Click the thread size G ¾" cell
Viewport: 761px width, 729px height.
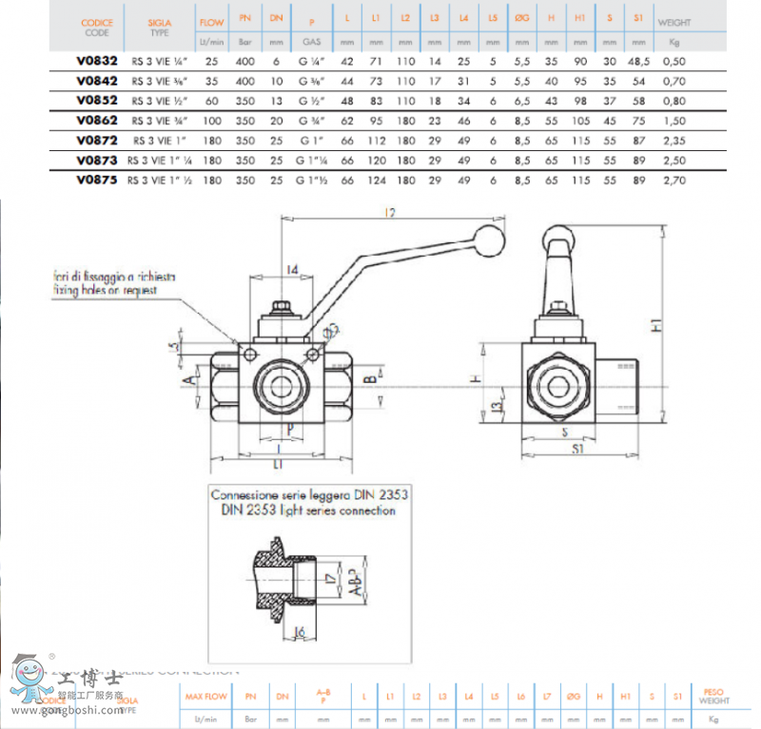(311, 121)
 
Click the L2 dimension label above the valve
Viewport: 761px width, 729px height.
(389, 213)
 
